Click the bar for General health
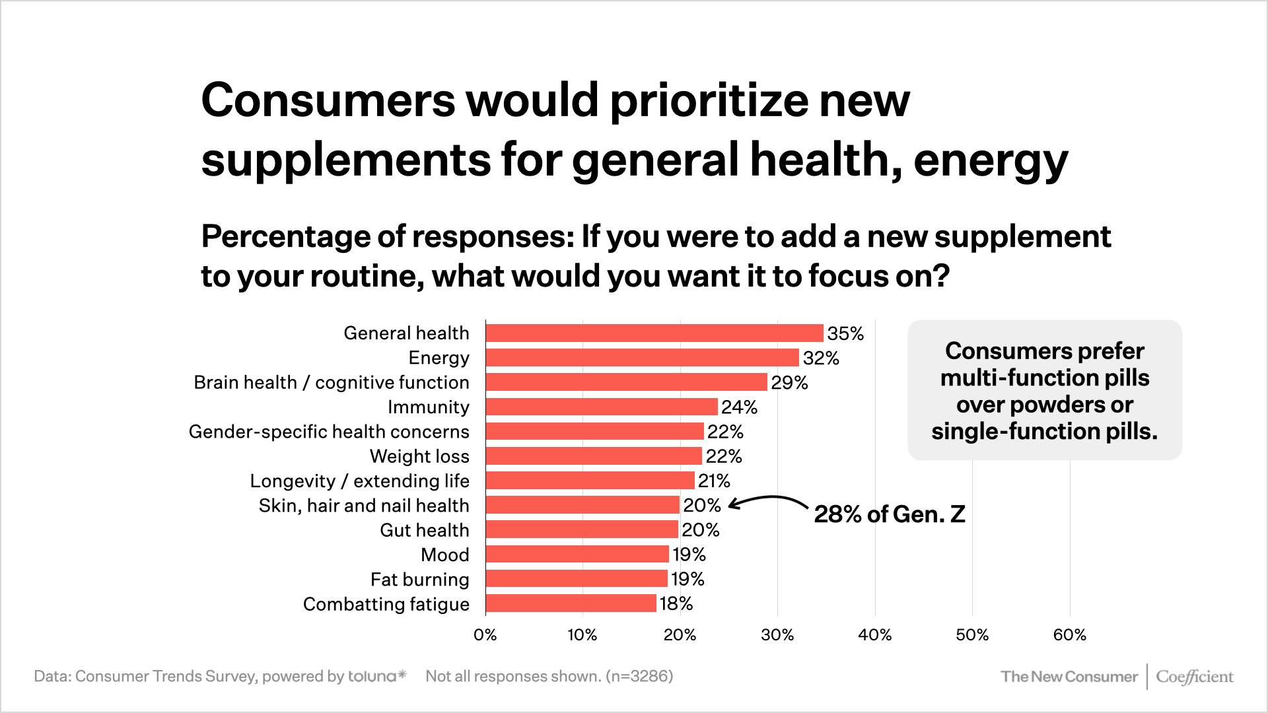tap(654, 333)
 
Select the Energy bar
tap(642, 358)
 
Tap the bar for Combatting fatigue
tap(571, 603)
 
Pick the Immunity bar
tap(602, 407)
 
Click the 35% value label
tap(845, 333)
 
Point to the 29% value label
tap(789, 383)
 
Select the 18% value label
tap(676, 603)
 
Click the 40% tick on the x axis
tap(874, 635)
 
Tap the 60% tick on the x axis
tap(1069, 635)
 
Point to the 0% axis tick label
tap(485, 635)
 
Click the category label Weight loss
tap(419, 456)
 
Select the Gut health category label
tap(424, 530)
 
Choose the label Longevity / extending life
tap(359, 481)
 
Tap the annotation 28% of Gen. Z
tap(889, 514)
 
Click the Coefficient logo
tap(1194, 677)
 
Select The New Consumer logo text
tap(1069, 677)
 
